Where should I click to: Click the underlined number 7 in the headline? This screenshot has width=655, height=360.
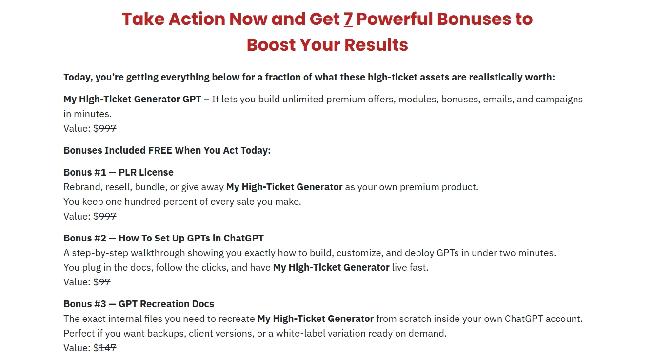348,19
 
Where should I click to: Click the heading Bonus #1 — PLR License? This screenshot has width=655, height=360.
119,172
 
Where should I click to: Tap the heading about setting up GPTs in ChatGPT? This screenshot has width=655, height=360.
163,238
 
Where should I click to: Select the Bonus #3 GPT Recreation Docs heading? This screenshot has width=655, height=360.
139,304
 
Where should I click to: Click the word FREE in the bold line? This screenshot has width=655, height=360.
160,150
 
